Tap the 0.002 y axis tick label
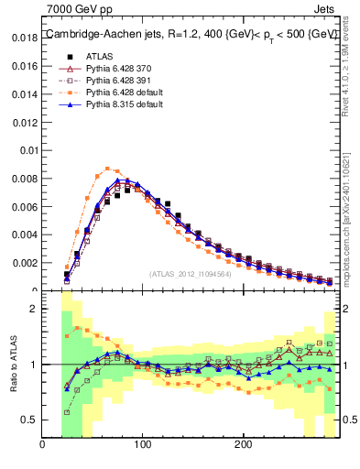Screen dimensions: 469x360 point(26,263)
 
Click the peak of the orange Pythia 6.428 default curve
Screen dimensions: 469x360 point(108,169)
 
